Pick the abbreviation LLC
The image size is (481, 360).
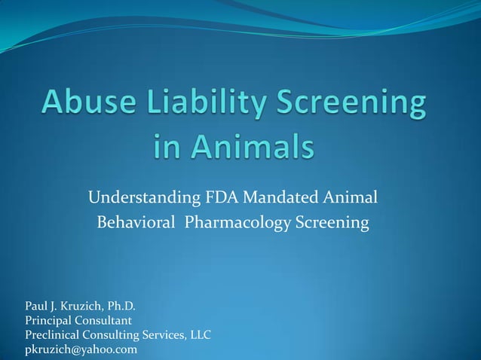(x=198, y=335)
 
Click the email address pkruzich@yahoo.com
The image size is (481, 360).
(x=81, y=349)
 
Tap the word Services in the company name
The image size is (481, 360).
(x=158, y=335)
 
